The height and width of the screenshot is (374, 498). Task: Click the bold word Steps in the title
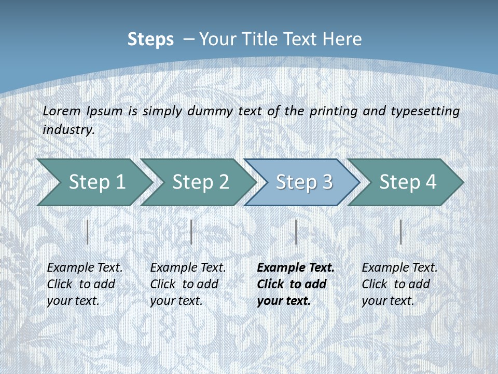coord(150,39)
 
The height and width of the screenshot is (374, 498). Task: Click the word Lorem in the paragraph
coord(61,111)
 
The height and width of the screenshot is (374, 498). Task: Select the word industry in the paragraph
coord(68,129)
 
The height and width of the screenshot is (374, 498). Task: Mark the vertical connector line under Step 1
coord(88,232)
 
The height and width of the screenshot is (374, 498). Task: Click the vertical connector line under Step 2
coord(191,232)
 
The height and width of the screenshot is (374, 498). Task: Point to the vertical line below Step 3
coord(296,232)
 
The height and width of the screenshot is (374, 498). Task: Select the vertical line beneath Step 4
coord(400,232)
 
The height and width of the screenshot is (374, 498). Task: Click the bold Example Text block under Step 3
coord(295,284)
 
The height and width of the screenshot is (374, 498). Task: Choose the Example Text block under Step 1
coord(85,284)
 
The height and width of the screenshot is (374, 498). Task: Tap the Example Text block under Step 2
coord(188,284)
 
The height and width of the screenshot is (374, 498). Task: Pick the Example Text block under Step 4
coord(399,284)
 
